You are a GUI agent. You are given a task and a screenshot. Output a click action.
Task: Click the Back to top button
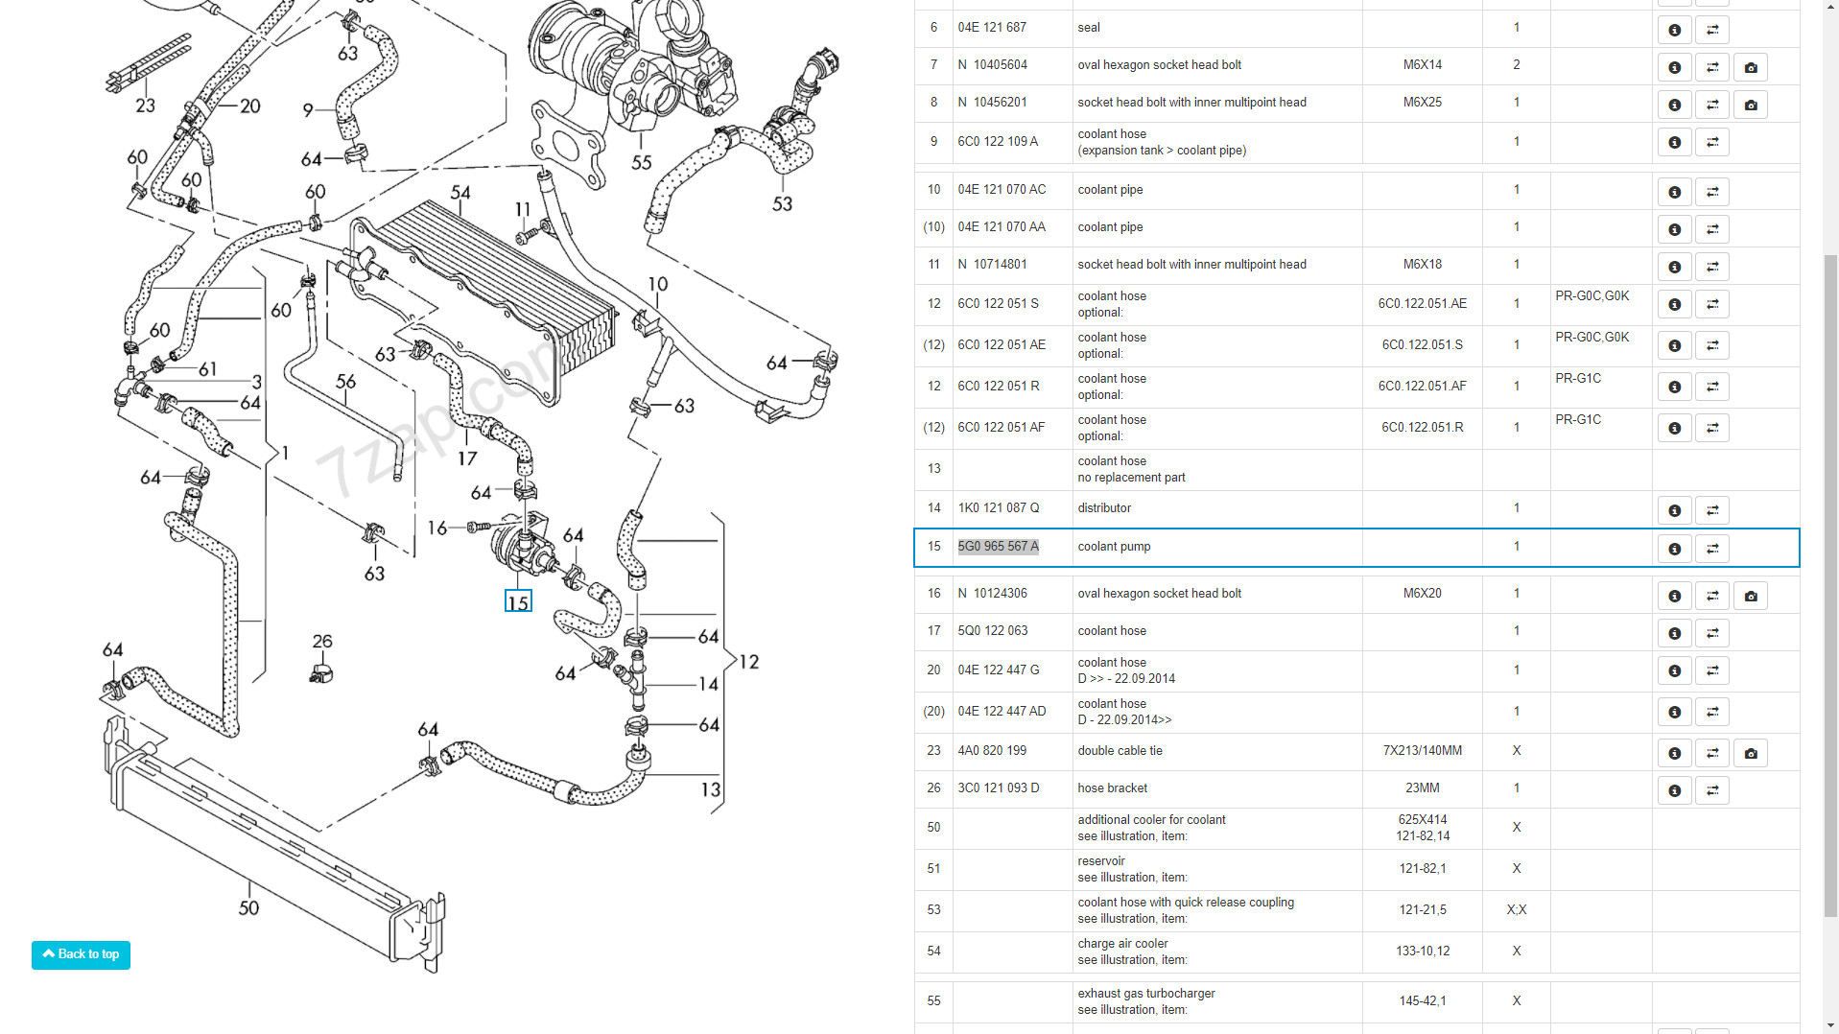(x=81, y=954)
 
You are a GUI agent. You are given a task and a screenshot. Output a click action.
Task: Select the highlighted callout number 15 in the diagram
(x=518, y=602)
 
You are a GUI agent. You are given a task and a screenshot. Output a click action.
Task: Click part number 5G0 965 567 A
(x=998, y=547)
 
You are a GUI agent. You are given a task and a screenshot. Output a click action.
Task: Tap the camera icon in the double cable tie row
(x=1750, y=753)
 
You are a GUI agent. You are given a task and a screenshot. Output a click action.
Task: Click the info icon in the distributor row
(x=1674, y=510)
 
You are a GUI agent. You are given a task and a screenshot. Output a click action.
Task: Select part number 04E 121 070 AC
(x=1002, y=190)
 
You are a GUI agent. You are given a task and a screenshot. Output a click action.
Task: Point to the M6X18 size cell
(x=1422, y=265)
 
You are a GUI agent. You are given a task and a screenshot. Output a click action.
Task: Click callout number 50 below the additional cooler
(x=248, y=907)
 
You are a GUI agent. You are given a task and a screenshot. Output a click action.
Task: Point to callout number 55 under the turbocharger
(x=642, y=163)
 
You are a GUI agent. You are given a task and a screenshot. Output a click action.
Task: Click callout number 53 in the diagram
(x=783, y=203)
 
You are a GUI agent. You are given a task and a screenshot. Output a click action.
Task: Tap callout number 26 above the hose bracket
(x=322, y=641)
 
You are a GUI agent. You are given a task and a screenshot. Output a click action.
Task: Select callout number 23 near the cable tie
(x=145, y=106)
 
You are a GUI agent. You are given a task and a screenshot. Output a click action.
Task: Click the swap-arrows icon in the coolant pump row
(x=1711, y=549)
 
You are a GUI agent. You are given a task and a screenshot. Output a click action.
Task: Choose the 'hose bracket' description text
(x=1112, y=788)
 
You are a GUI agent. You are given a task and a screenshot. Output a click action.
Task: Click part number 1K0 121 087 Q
(x=998, y=508)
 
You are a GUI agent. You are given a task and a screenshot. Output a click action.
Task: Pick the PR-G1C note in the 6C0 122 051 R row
(x=1578, y=379)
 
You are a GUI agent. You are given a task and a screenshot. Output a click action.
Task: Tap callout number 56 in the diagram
(x=345, y=382)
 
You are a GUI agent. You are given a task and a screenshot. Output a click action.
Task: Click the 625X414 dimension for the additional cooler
(x=1422, y=820)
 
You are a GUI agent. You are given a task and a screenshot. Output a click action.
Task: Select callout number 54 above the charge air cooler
(x=460, y=193)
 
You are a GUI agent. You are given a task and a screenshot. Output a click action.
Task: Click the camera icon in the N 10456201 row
(x=1750, y=105)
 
